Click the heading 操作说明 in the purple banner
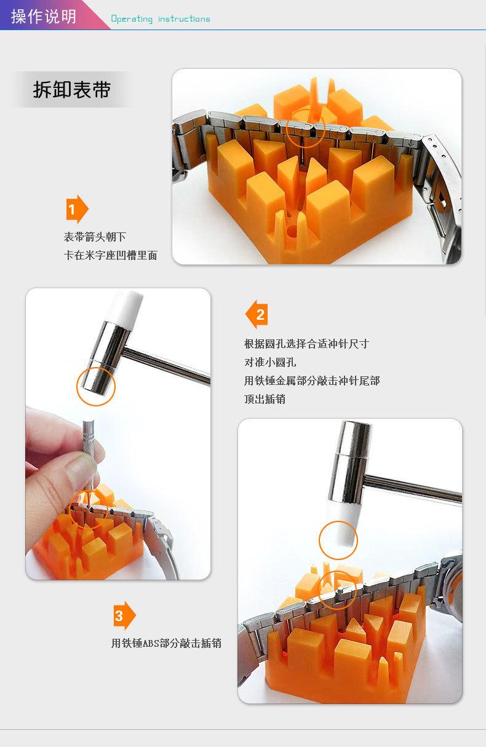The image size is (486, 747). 44,17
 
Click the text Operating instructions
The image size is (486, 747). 161,18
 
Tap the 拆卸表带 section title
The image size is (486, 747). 72,89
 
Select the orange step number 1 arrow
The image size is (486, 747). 77,209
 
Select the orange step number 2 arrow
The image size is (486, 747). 257,314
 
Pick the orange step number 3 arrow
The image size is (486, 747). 124,615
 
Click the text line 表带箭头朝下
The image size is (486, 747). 95,237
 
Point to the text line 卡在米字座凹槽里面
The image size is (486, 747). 111,255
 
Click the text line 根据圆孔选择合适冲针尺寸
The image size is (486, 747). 306,344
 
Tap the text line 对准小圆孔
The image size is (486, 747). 270,362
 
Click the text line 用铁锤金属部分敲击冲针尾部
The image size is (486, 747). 312,381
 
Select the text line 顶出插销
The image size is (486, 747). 265,399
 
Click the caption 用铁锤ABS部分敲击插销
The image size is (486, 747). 166,643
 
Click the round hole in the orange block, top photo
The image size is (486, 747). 292,230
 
